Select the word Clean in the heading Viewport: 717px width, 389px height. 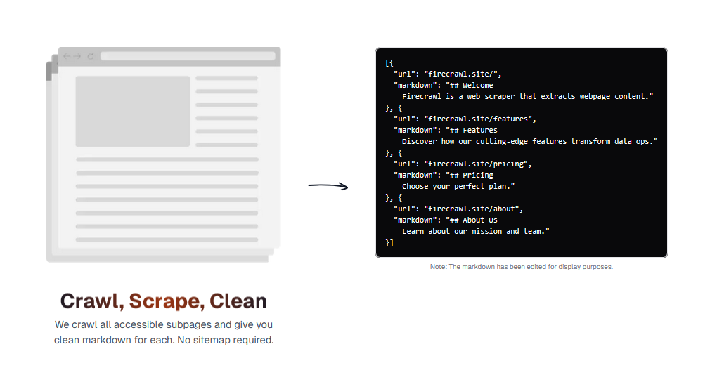click(238, 301)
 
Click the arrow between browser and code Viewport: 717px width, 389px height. click(328, 186)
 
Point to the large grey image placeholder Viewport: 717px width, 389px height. click(133, 112)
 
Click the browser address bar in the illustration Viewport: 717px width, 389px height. click(188, 56)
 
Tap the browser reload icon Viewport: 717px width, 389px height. click(91, 56)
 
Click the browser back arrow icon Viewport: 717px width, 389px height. click(67, 56)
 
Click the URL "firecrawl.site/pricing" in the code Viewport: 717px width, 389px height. click(476, 164)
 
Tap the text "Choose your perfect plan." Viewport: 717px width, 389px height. click(458, 186)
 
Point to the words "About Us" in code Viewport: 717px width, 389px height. click(480, 220)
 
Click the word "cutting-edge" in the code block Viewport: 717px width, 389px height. click(502, 142)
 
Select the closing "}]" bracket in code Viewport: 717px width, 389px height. click(389, 243)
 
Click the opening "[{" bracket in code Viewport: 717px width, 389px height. click(389, 63)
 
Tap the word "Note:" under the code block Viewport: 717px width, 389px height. click(439, 267)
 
